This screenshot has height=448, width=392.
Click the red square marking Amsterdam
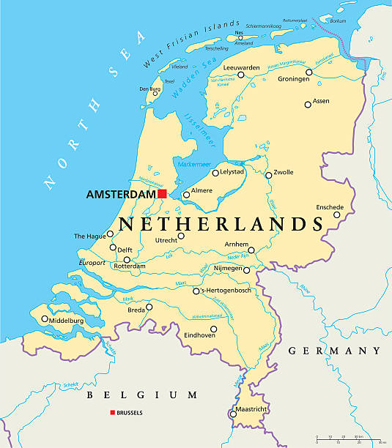point(162,194)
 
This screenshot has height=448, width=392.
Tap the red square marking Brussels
point(113,413)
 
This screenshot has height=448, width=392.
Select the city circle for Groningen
point(309,72)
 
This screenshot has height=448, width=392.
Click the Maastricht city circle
point(233,414)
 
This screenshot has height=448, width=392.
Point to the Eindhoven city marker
point(213,329)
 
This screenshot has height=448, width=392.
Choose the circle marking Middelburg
point(45,319)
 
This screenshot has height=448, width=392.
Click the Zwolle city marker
point(269,175)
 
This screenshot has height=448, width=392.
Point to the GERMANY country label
point(334,351)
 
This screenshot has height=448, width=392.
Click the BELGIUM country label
point(133,395)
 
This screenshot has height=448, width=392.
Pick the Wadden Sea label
point(186,81)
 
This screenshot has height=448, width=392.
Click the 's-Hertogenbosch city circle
point(196,291)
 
